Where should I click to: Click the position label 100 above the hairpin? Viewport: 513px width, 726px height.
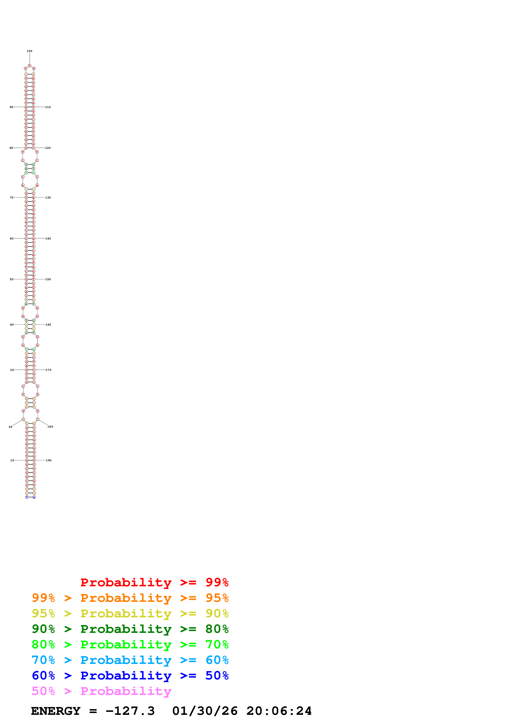pos(29,51)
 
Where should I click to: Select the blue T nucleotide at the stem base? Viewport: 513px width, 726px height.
pos(27,497)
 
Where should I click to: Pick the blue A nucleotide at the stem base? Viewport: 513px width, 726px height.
pos(34,497)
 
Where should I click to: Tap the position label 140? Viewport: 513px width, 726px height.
pos(48,238)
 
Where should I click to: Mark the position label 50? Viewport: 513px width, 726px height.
pos(12,279)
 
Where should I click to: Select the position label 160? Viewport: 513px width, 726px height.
pos(48,325)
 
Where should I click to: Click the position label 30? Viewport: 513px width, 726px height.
pos(12,370)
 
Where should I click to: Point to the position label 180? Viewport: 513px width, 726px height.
pos(50,427)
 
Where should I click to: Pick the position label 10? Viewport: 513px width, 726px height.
pos(12,460)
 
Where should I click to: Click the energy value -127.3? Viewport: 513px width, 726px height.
pos(130,711)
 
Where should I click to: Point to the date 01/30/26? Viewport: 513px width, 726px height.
pos(205,711)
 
